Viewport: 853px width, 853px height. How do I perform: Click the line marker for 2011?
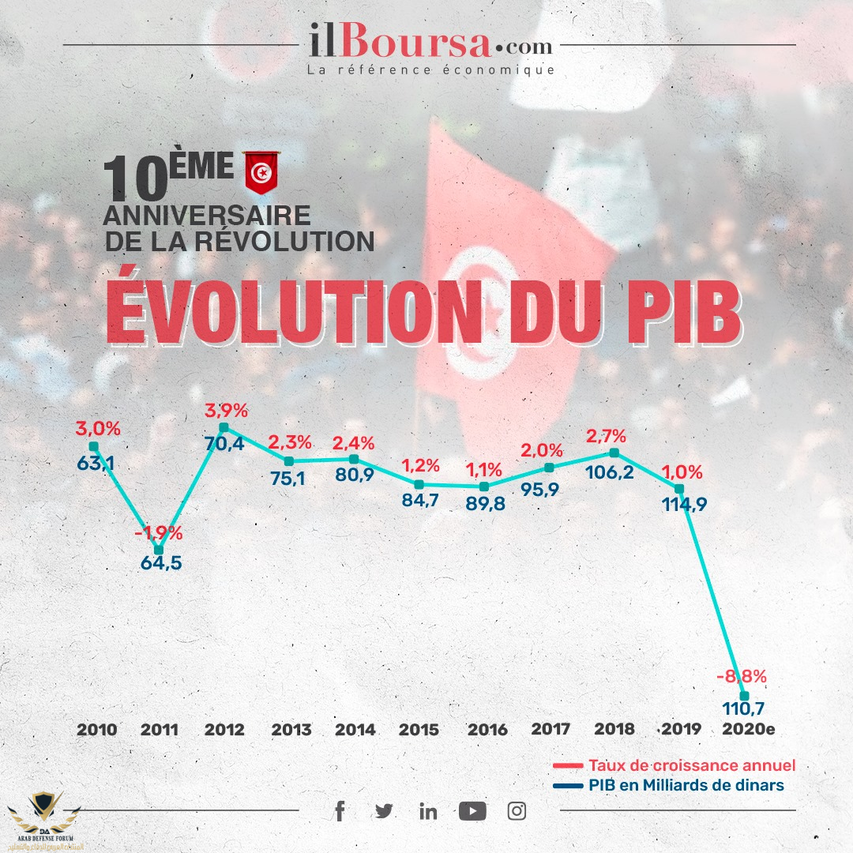click(x=159, y=549)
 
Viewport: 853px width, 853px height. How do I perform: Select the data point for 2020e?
click(x=743, y=696)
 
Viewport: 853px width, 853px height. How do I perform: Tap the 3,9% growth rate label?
click(x=227, y=411)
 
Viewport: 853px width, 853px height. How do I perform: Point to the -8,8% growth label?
click(x=741, y=677)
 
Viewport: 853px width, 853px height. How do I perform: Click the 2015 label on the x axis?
click(x=419, y=730)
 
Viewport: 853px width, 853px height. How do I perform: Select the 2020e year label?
click(x=749, y=730)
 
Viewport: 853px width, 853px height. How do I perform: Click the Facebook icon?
click(x=340, y=811)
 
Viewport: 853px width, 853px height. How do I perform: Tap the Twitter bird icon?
click(x=384, y=811)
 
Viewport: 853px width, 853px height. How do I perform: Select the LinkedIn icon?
click(x=428, y=811)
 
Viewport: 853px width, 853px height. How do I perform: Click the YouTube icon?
click(x=472, y=811)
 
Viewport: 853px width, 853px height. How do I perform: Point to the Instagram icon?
click(x=517, y=811)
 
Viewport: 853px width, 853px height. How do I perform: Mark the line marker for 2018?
click(x=614, y=453)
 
